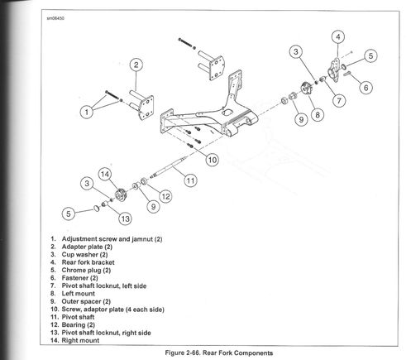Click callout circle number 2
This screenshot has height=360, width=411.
(136, 65)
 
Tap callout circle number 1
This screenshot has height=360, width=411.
(87, 112)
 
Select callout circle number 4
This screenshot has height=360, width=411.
(338, 36)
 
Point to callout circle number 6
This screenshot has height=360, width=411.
(366, 88)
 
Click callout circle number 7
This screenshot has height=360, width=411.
(339, 100)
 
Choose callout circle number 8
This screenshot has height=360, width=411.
(318, 114)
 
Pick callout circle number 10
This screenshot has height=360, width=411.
(213, 160)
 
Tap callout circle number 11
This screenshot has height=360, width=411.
(191, 180)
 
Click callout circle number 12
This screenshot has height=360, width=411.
(165, 196)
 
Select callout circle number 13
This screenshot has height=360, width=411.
(125, 219)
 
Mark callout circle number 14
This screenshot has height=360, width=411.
(105, 175)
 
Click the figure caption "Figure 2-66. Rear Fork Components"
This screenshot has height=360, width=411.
(219, 353)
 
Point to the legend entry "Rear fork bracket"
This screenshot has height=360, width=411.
(88, 262)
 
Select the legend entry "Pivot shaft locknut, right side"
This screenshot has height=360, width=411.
(106, 333)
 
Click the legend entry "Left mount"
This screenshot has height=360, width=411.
(79, 294)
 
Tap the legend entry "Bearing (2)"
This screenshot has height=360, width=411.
(79, 324)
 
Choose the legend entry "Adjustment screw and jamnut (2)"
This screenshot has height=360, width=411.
(112, 239)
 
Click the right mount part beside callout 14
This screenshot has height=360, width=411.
(121, 194)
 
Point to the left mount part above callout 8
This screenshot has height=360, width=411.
(306, 89)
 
